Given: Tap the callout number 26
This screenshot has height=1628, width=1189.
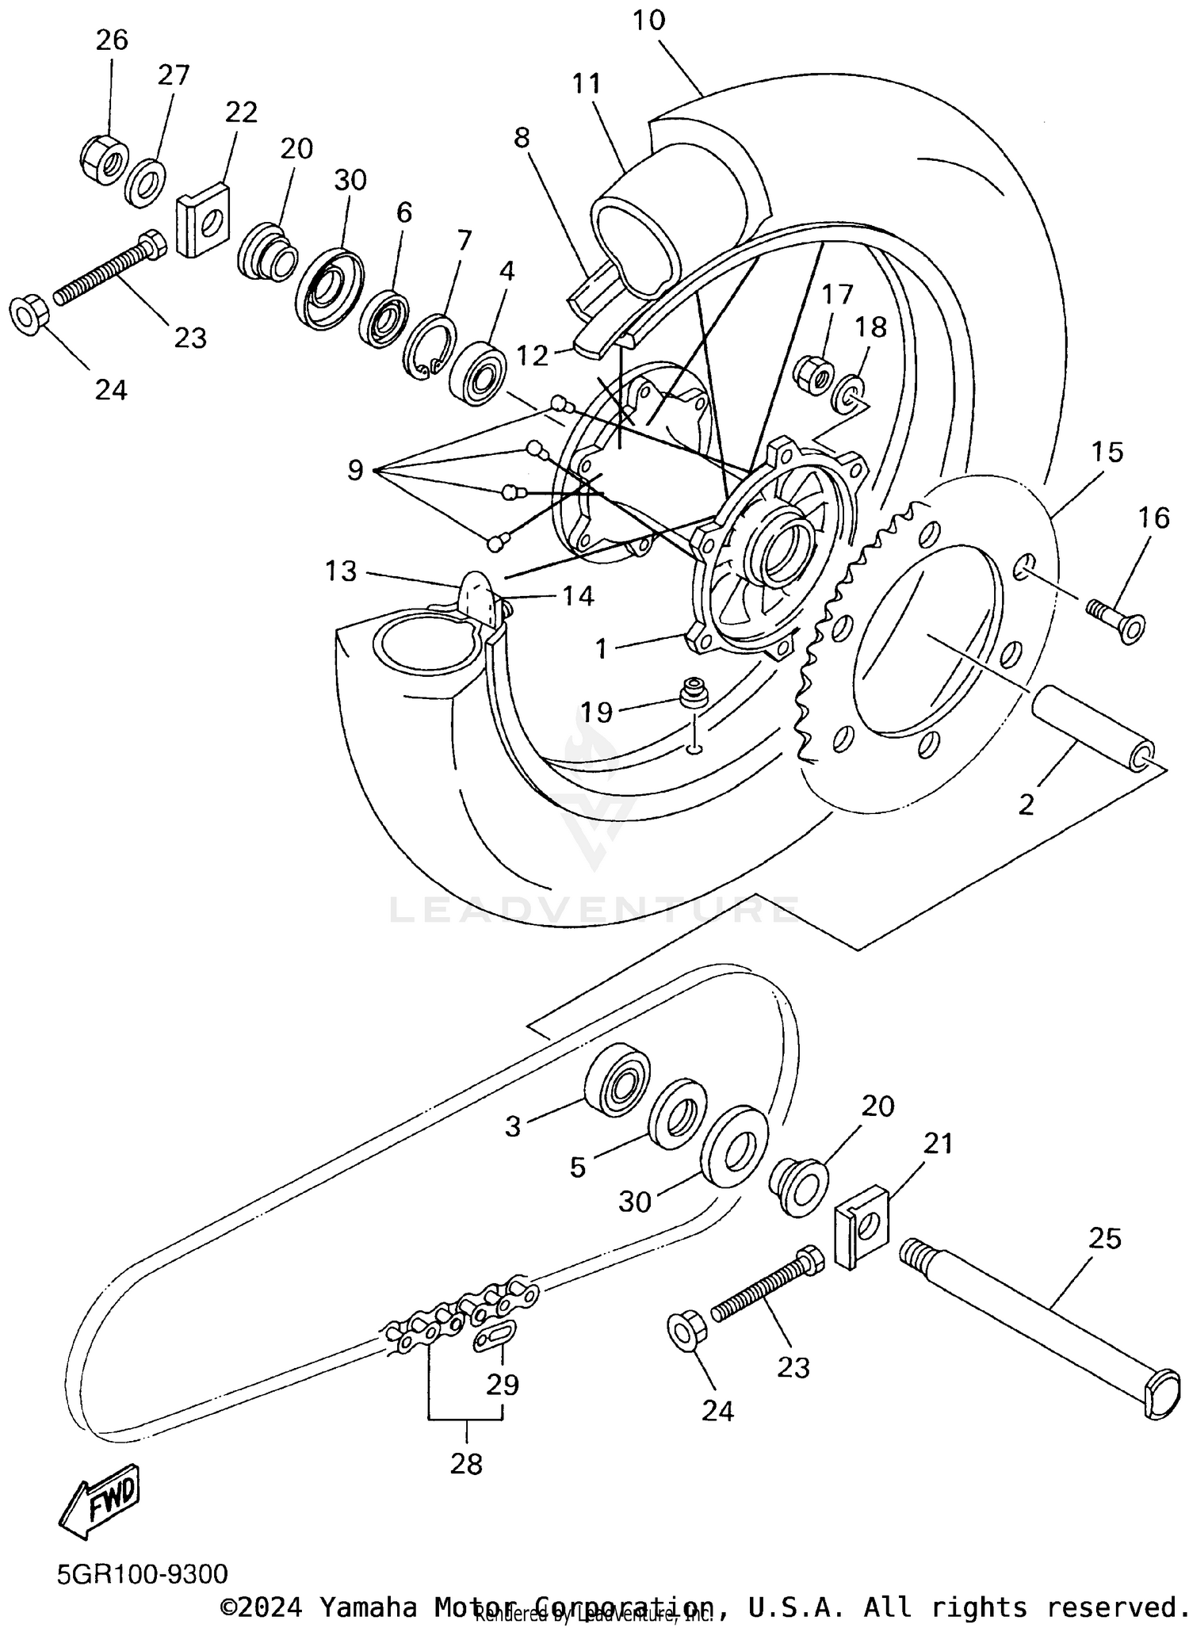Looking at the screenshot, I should click(x=112, y=40).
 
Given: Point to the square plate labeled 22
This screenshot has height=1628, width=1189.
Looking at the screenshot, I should click(x=204, y=220).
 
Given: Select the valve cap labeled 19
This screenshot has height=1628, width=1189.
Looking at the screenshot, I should click(x=694, y=691).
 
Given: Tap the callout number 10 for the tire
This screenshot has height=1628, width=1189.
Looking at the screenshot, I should click(x=649, y=20).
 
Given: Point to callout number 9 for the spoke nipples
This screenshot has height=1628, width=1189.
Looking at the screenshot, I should click(x=356, y=471).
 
